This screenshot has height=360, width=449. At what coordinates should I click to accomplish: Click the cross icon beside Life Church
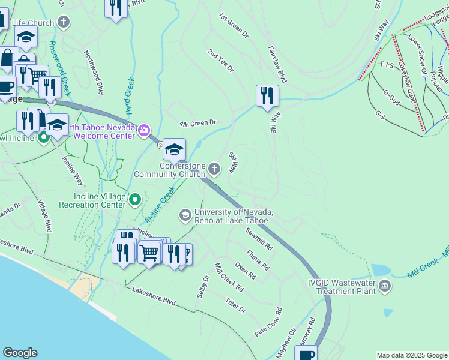click(64, 23)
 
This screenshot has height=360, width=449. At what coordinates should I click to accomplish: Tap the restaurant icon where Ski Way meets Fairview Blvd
click(267, 96)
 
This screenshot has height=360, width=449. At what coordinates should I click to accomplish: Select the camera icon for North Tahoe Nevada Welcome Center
click(144, 130)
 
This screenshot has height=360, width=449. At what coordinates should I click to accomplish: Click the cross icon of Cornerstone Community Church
click(214, 170)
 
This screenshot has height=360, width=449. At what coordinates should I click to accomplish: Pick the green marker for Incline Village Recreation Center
click(136, 200)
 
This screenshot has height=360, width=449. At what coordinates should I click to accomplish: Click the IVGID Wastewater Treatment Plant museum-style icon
click(384, 287)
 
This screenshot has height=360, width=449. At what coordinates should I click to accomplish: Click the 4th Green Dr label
click(197, 123)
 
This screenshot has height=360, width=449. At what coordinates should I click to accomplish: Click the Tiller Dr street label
click(235, 305)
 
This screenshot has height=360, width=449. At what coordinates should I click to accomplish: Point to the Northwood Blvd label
click(93, 73)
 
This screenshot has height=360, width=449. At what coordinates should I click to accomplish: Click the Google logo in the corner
click(20, 353)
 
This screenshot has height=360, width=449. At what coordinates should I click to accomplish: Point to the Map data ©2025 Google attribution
click(411, 355)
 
